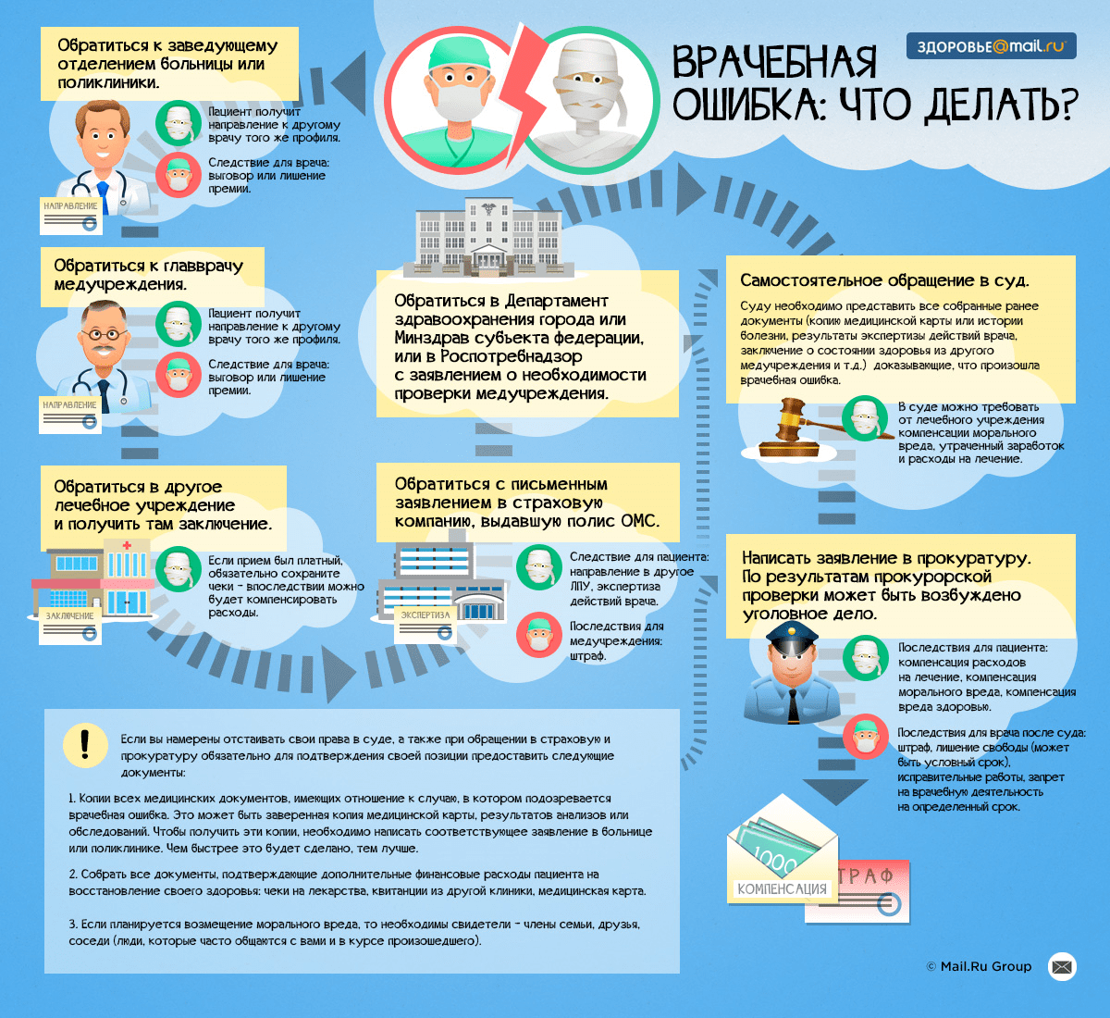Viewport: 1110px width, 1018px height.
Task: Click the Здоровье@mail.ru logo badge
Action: pyautogui.click(x=991, y=46)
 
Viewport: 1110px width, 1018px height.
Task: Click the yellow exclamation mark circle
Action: pyautogui.click(x=85, y=745)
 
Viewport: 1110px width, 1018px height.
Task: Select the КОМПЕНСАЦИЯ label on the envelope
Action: pyautogui.click(x=782, y=889)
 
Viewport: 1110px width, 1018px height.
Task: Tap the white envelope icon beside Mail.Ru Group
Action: pyautogui.click(x=1062, y=966)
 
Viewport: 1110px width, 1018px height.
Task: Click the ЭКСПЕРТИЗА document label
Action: pyautogui.click(x=425, y=615)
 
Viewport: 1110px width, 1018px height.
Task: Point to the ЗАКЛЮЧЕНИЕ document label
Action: pyautogui.click(x=69, y=616)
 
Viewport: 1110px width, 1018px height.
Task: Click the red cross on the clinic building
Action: pyautogui.click(x=128, y=545)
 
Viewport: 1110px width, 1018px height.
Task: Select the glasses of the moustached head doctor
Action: pyautogui.click(x=104, y=334)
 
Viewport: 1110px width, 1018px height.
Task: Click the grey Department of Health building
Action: pyautogui.click(x=488, y=237)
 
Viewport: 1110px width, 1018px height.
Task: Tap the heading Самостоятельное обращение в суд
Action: pyautogui.click(x=884, y=280)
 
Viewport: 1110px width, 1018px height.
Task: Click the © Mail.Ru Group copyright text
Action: pyautogui.click(x=979, y=966)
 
